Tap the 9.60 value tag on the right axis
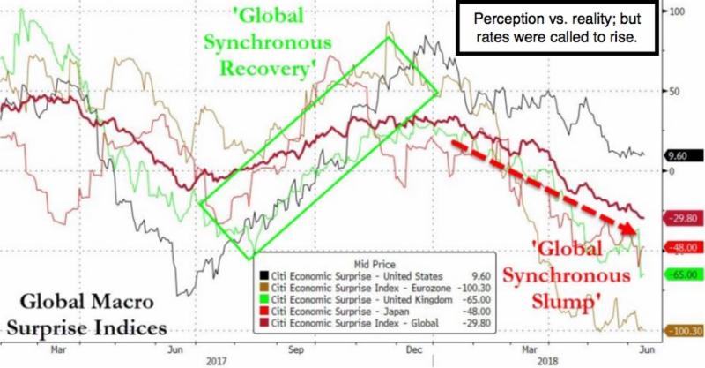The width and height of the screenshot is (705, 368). click(681, 155)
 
